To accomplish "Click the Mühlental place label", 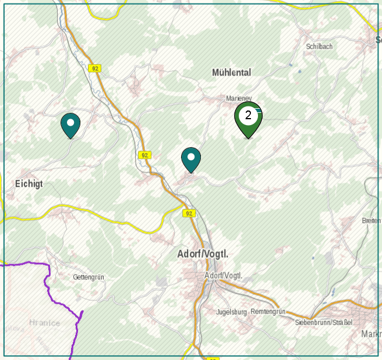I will click(231, 73).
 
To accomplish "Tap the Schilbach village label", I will click(319, 47).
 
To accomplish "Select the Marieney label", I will click(238, 99).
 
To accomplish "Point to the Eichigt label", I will click(29, 184).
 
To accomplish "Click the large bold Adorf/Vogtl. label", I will click(203, 255).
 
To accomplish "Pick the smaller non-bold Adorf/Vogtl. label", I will click(223, 275).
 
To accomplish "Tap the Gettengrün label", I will click(89, 277).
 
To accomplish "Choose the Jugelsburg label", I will click(232, 312).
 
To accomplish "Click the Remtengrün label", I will click(268, 312).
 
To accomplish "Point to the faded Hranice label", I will click(44, 323).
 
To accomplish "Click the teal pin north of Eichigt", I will click(70, 124).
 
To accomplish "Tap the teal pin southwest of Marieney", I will click(191, 159).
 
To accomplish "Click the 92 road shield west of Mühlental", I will click(95, 68).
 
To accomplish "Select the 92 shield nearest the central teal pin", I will click(145, 155).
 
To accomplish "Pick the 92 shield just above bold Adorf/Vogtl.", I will click(189, 213).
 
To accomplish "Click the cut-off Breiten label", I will click(372, 221).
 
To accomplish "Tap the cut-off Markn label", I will click(372, 334).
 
